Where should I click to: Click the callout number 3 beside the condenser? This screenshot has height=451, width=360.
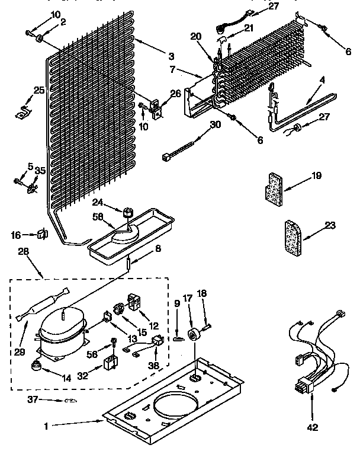click(171, 56)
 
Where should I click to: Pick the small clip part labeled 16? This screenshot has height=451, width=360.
click(42, 234)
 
